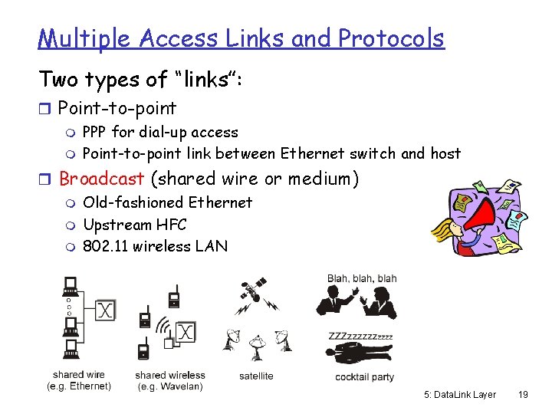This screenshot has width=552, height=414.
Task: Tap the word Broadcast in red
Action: tap(101, 179)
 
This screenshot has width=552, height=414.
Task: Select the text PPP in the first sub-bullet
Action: tap(95, 132)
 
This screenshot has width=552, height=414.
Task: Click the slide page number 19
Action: tap(524, 394)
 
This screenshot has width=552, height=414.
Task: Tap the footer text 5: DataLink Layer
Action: tap(460, 394)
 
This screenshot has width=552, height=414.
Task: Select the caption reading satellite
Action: tap(256, 376)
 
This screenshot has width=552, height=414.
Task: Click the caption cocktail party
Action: tap(364, 376)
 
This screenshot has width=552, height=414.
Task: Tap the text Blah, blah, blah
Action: tap(362, 278)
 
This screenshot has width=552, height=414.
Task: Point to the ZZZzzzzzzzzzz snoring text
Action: tap(360, 336)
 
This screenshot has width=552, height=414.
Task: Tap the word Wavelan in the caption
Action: tap(180, 386)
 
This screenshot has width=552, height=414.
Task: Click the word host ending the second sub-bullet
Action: tap(445, 153)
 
